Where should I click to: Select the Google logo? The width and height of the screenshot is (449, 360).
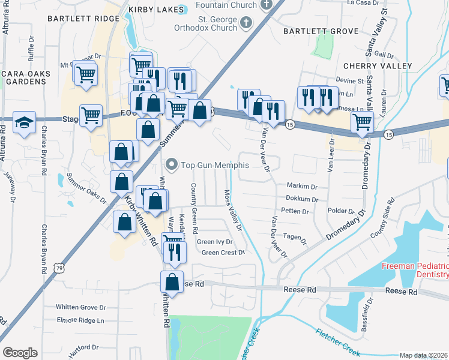(x=20, y=353)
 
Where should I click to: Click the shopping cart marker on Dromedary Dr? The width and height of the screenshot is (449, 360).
(x=362, y=123)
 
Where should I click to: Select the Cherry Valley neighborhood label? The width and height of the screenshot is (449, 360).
(x=378, y=65)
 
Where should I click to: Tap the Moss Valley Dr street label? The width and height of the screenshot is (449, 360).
(x=232, y=210)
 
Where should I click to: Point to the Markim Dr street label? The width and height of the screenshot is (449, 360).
(x=301, y=187)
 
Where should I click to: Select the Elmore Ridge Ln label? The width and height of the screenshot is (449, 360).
(x=80, y=320)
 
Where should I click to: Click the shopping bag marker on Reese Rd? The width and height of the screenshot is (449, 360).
(x=172, y=283)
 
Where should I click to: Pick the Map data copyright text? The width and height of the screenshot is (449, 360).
(x=423, y=355)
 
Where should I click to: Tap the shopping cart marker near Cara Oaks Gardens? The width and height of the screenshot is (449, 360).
(x=85, y=75)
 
